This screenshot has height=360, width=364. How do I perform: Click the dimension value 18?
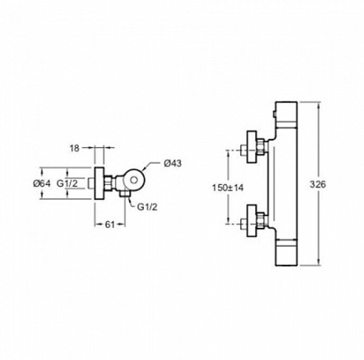tap(74, 149)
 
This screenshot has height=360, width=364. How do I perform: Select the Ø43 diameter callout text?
tap(173, 163)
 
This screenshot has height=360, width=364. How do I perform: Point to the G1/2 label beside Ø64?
tap(68, 183)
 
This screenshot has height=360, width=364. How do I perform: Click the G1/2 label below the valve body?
tap(147, 207)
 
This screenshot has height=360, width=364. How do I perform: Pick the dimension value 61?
tap(110, 224)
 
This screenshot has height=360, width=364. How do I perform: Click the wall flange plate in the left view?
tap(99, 184)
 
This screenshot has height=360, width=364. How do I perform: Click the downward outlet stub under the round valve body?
tap(125, 196)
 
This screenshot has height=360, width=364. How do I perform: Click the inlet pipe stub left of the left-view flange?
tap(92, 183)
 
